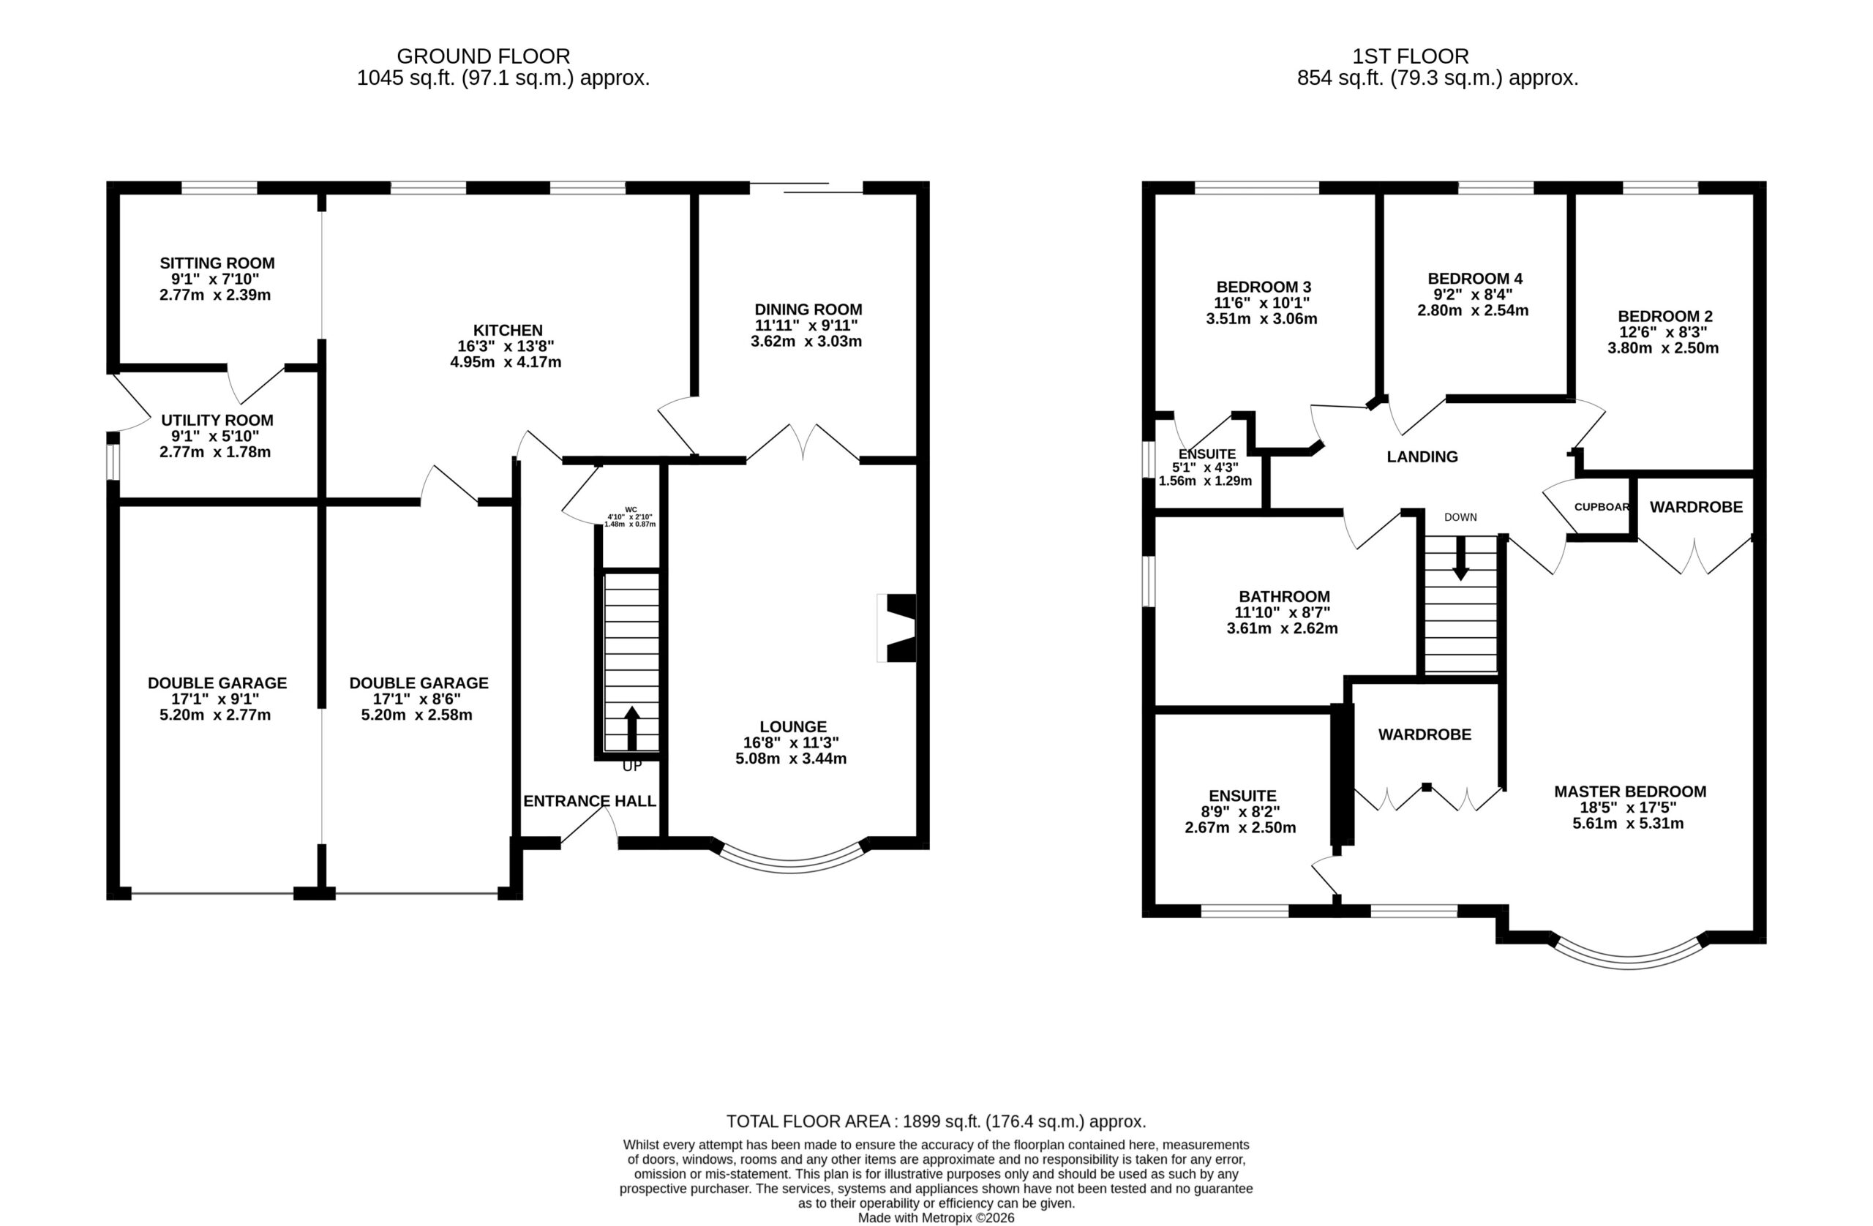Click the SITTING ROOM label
point(217,263)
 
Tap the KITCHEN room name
point(508,331)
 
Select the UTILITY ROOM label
point(217,420)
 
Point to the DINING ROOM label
point(808,309)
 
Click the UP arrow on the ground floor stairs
point(632,728)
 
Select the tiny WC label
point(631,510)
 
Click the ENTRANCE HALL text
point(590,801)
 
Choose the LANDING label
point(1422,456)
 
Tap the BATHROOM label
point(1284,596)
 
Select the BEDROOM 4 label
point(1475,279)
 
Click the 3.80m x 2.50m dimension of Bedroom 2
point(1663,347)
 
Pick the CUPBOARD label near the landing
point(1602,507)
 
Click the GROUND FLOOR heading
point(483,56)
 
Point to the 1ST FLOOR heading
point(1411,56)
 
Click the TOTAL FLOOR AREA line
point(936,1121)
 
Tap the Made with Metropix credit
point(936,1218)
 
